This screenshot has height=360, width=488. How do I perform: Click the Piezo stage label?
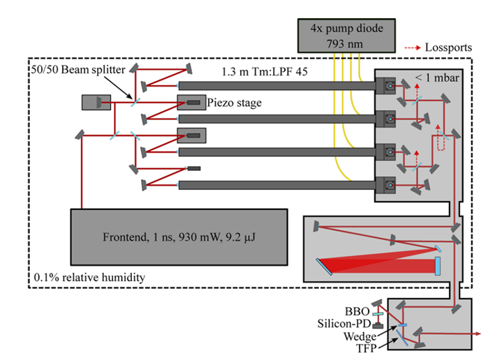(235, 103)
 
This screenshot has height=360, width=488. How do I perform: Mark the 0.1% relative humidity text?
(89, 278)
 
